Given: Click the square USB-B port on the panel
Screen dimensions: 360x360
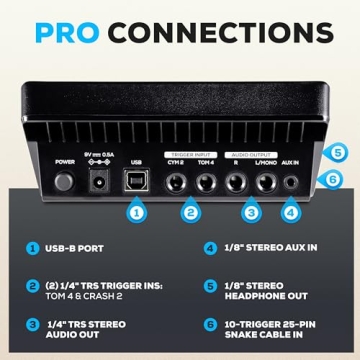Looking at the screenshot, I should [134, 181].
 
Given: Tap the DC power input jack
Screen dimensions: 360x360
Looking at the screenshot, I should [100, 182].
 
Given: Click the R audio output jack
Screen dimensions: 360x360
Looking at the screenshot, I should [237, 182].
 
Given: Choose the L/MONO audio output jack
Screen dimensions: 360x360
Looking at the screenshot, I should [266, 182].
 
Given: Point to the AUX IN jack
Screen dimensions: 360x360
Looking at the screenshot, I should [291, 182].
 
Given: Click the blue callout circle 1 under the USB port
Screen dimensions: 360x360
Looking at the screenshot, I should [135, 212].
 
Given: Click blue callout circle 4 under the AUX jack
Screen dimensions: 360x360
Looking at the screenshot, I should [291, 212].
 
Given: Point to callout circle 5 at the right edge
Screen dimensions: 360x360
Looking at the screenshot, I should [339, 155].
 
